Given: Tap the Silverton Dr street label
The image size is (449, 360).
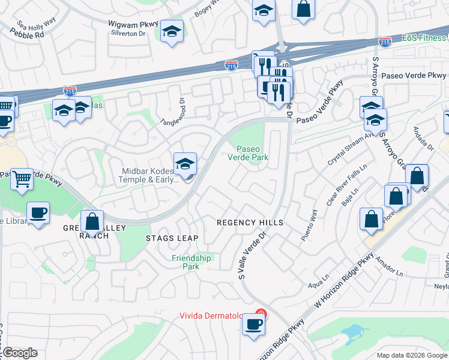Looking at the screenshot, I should (128, 34).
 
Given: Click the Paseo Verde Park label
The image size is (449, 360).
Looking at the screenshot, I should (247, 153).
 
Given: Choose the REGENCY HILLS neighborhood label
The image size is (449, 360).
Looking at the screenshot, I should (250, 223).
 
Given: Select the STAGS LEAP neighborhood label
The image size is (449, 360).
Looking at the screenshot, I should (172, 238).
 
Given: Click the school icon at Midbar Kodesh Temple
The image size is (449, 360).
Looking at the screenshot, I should (185, 163).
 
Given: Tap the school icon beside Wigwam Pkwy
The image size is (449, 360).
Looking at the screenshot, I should (172, 31).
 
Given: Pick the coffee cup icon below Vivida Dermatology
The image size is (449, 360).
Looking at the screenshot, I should (253, 325).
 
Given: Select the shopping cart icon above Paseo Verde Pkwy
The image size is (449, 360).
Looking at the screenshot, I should (22, 178).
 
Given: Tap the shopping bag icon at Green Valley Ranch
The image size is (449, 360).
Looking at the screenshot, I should (92, 221).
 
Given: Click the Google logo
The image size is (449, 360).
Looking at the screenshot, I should (19, 353).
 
